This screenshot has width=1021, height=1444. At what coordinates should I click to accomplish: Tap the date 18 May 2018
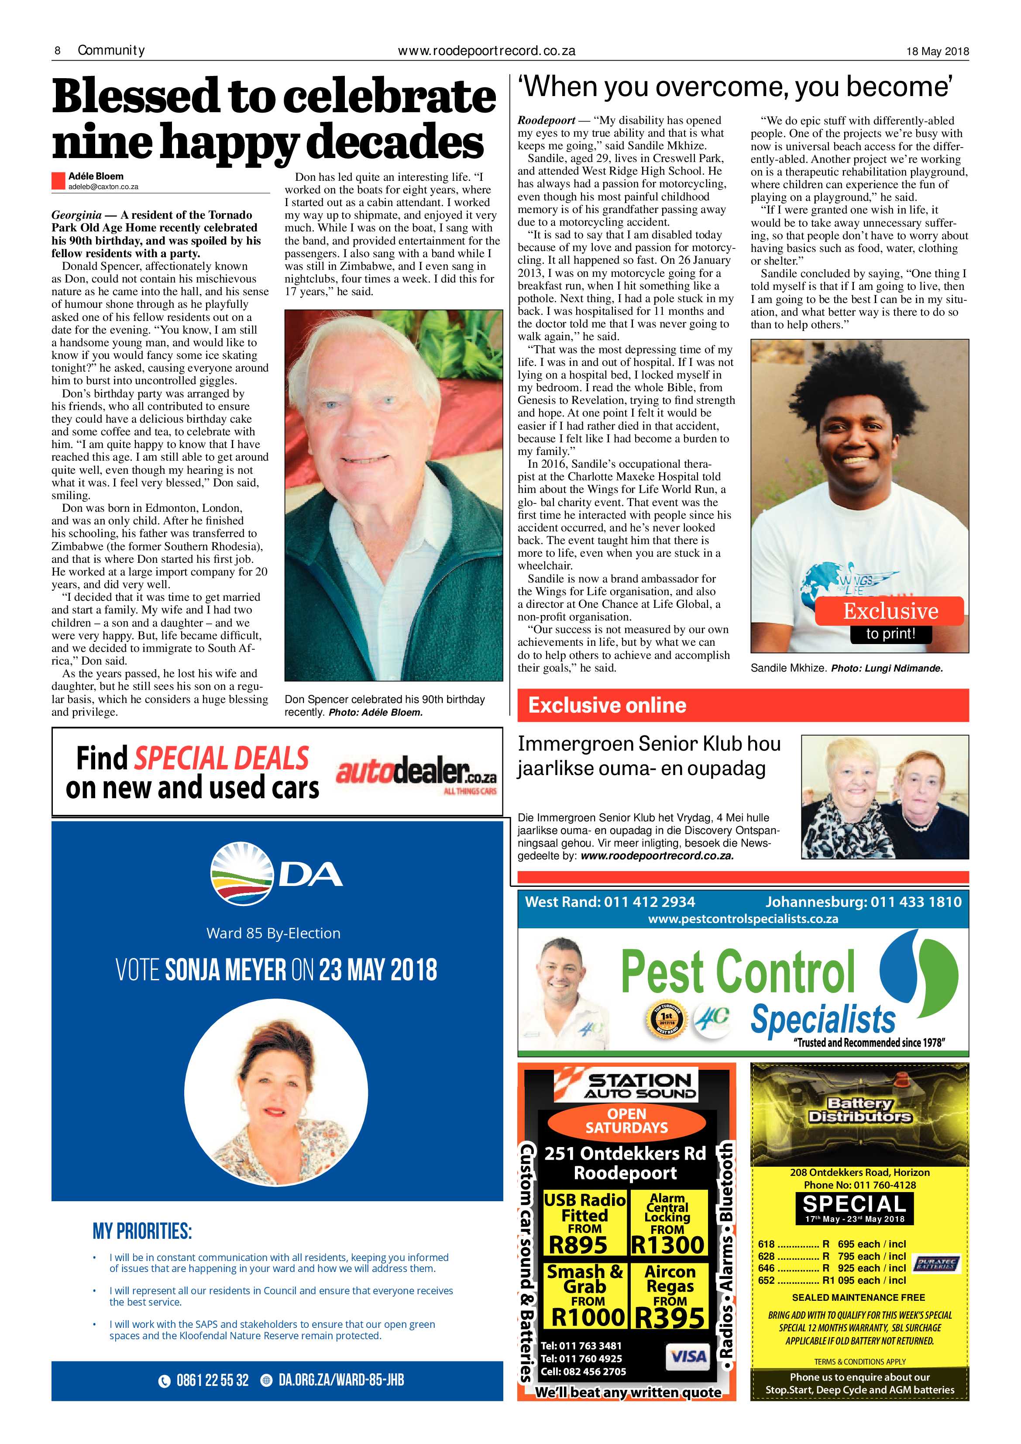pyautogui.click(x=937, y=52)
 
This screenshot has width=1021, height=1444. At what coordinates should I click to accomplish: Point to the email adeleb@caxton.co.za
pyautogui.click(x=103, y=187)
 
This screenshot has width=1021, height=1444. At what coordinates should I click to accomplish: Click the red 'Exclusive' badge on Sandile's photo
pyautogui.click(x=890, y=611)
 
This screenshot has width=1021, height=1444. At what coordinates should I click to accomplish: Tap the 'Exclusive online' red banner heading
pyautogui.click(x=607, y=705)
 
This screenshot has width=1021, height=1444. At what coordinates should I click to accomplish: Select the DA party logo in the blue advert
pyautogui.click(x=277, y=875)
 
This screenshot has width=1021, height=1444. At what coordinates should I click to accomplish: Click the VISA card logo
pyautogui.click(x=688, y=1357)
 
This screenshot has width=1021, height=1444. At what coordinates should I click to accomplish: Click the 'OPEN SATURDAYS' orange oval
pyautogui.click(x=626, y=1121)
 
